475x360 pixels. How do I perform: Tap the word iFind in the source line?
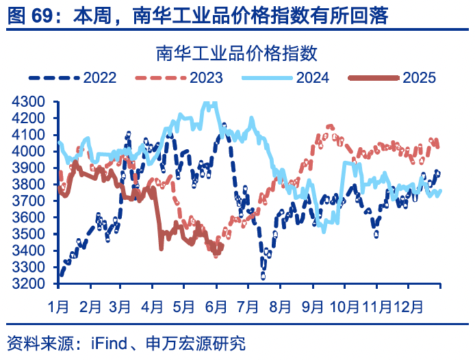[x=110, y=343]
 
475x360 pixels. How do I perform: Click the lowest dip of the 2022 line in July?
[x=264, y=277]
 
